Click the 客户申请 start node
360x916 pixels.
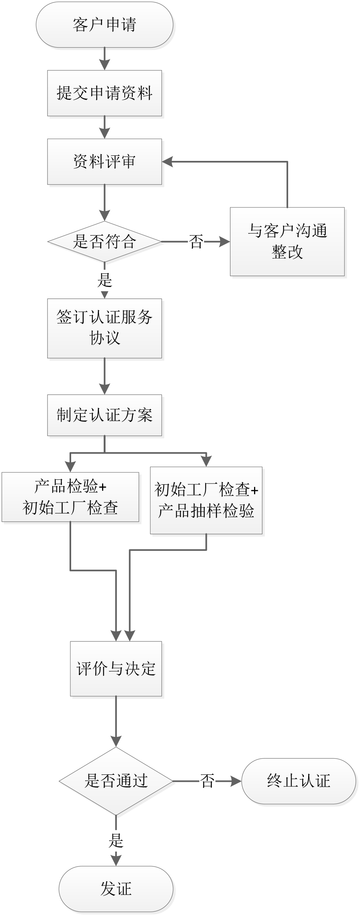click(104, 25)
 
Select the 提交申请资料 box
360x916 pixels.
click(104, 93)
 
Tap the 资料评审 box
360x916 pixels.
click(104, 161)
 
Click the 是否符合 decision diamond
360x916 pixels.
click(104, 242)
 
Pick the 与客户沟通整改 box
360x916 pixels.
click(287, 241)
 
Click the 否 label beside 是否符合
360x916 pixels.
click(196, 242)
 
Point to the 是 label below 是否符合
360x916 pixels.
click(104, 280)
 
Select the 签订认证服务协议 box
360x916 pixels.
click(104, 328)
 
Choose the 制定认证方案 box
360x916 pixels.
click(104, 415)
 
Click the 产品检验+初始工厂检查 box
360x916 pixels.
click(70, 497)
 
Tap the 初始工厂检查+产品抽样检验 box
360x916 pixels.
click(206, 501)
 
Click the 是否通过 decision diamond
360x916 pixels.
click(116, 781)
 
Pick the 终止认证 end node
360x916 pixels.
click(299, 781)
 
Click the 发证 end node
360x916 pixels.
click(116, 889)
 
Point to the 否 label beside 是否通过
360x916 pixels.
click(208, 781)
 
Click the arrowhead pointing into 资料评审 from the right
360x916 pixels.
click(167, 162)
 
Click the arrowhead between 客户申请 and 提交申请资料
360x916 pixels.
click(104, 65)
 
